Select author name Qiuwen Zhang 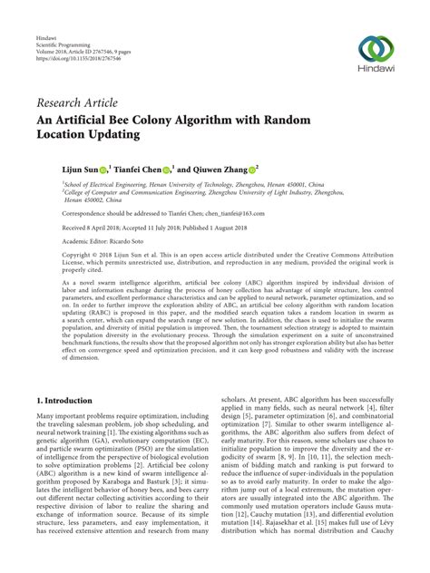click(x=220, y=168)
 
